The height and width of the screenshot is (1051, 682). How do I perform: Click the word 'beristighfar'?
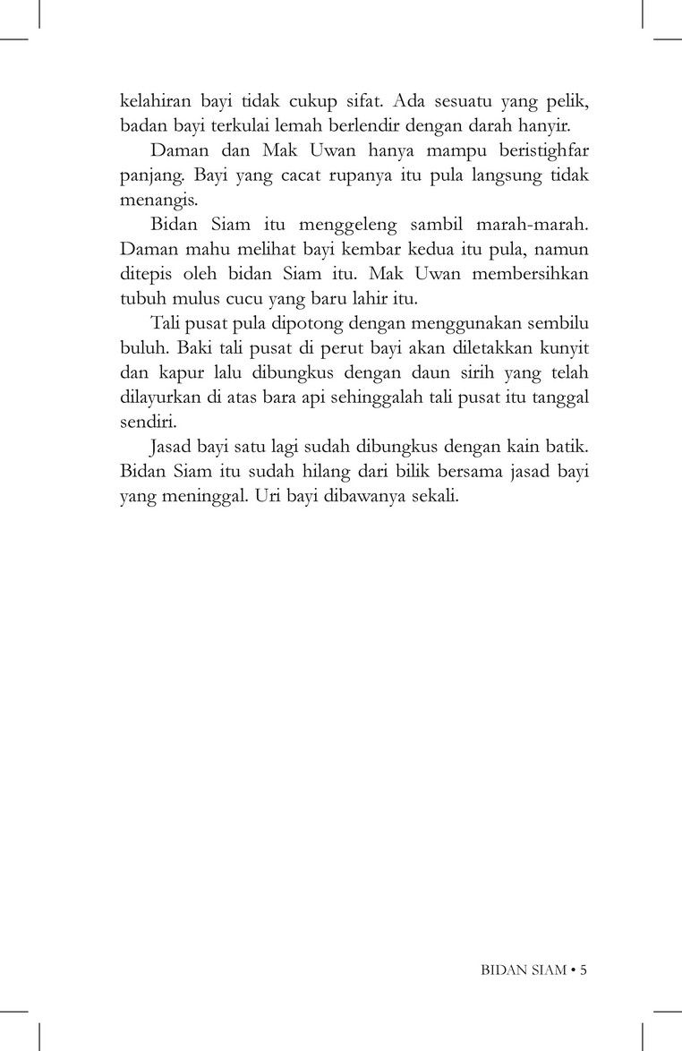coord(535,150)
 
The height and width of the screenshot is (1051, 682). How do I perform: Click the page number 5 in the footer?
coord(583,969)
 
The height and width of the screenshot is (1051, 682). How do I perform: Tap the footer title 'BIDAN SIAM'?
coord(521,969)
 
